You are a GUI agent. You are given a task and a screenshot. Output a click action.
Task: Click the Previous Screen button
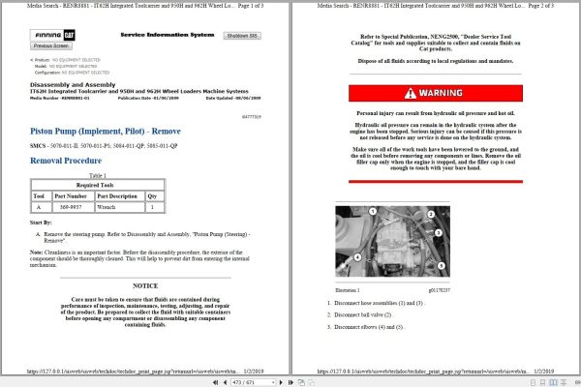tap(51, 45)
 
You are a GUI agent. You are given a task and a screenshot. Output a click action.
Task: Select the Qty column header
tap(151, 194)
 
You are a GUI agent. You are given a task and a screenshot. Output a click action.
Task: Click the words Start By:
tap(42, 223)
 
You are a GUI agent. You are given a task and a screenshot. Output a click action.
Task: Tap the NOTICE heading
tap(144, 286)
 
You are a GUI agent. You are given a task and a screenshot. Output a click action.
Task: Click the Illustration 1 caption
tap(347, 290)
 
